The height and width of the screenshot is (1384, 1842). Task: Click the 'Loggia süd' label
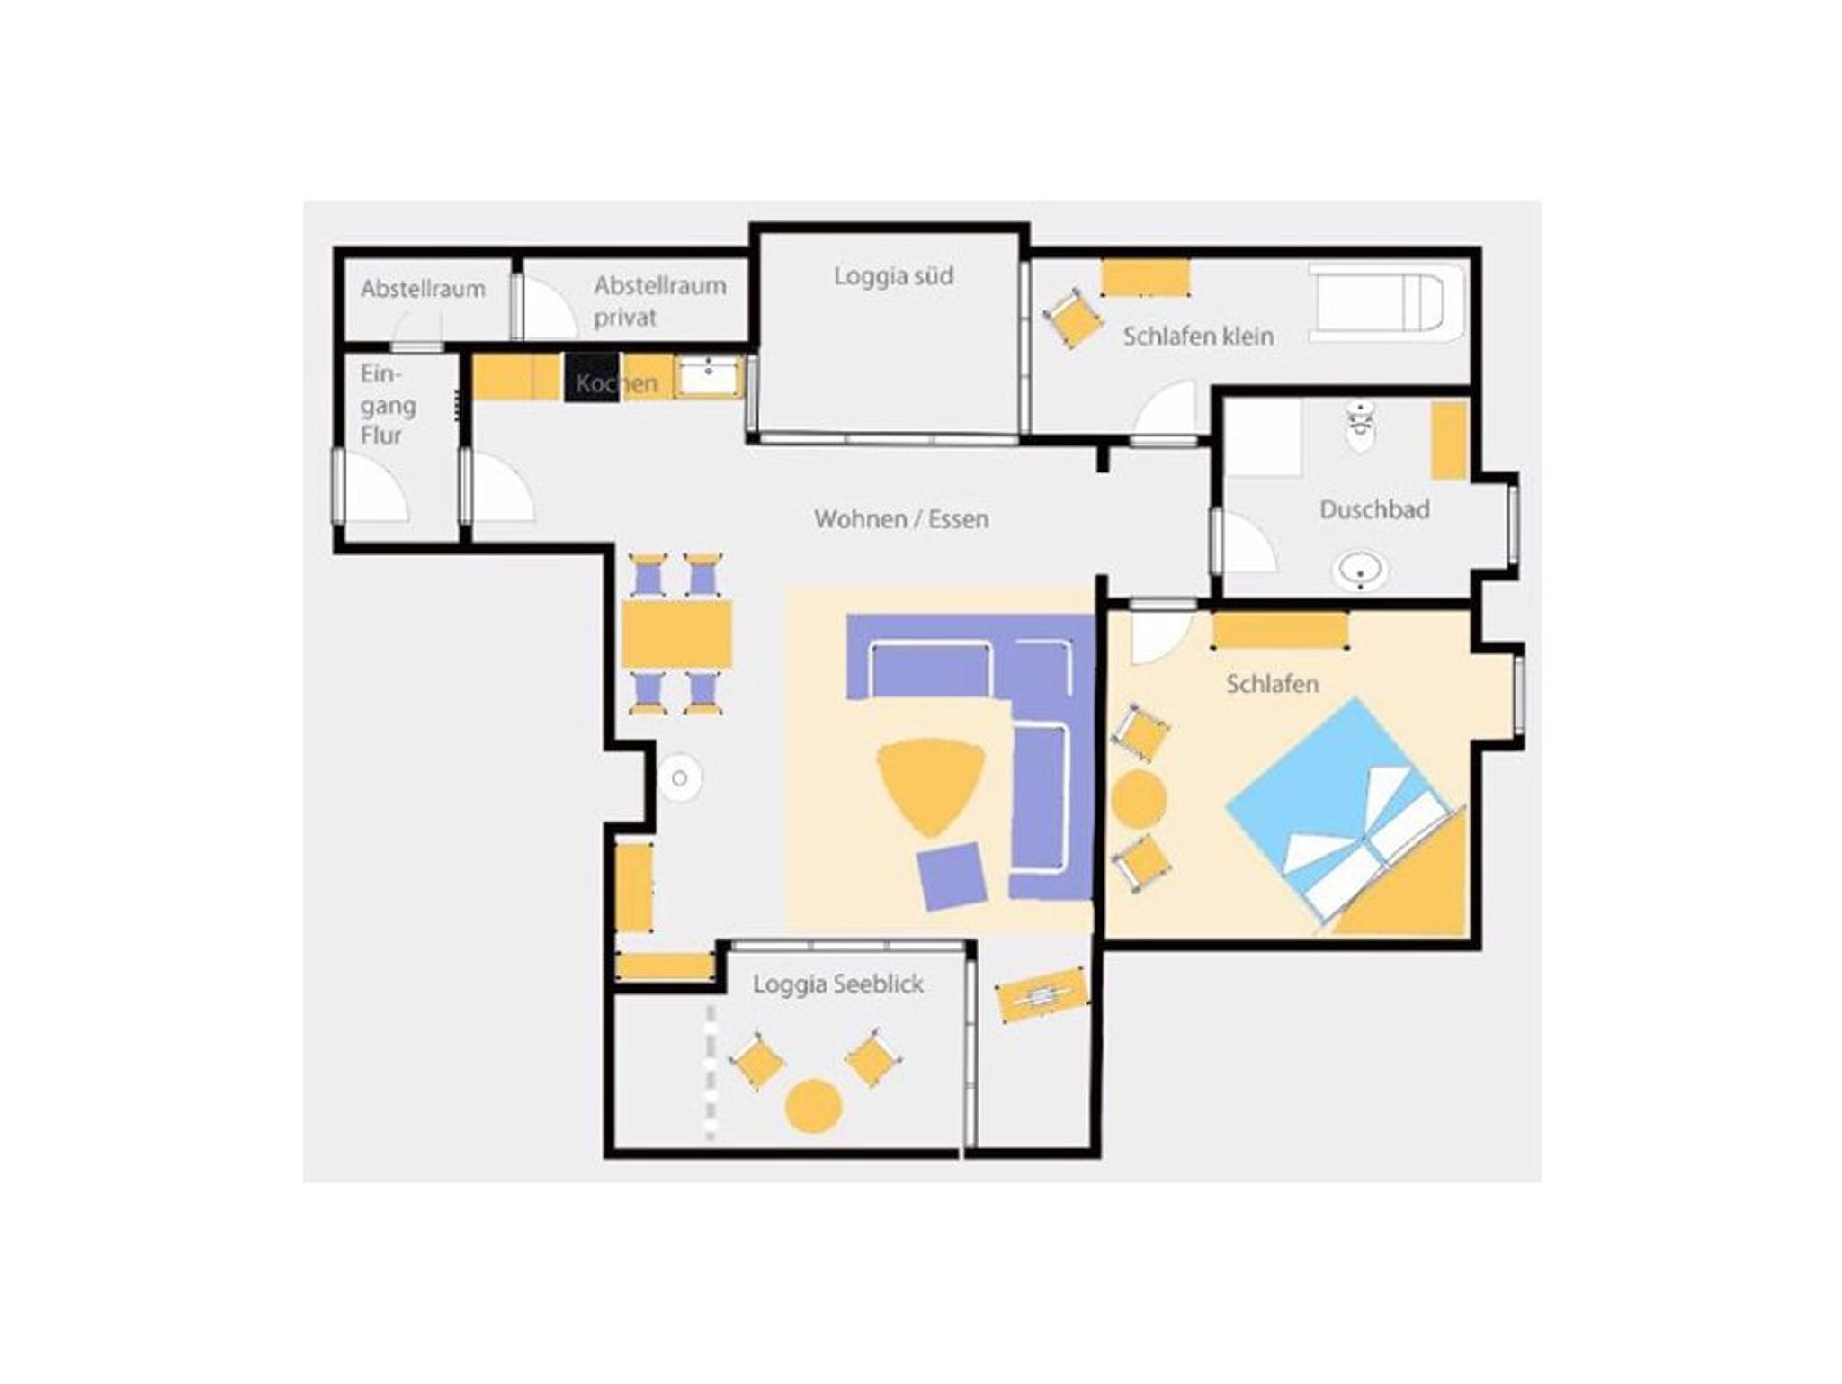point(893,276)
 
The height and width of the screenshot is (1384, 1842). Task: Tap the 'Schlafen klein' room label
point(1198,337)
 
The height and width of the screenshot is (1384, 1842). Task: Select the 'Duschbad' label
point(1374,509)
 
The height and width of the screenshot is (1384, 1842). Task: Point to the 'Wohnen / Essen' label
point(901,519)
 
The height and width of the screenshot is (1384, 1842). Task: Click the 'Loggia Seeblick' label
point(838,984)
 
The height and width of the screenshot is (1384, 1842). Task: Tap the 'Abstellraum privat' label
point(659,301)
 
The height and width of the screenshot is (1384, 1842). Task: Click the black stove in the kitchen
point(592,377)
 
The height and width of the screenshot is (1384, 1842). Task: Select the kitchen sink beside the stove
point(709,376)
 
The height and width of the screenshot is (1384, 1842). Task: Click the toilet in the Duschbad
point(1361,427)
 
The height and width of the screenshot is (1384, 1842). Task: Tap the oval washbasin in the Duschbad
point(1359,571)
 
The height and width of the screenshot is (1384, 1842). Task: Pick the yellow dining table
point(676,634)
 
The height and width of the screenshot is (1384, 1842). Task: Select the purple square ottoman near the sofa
point(952,877)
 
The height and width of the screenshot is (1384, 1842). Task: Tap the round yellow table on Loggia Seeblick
point(813,1105)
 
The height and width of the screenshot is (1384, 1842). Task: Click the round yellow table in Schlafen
point(1139,799)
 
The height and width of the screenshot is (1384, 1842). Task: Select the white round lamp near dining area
point(679,778)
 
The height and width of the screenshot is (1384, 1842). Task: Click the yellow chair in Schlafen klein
point(1072,318)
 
